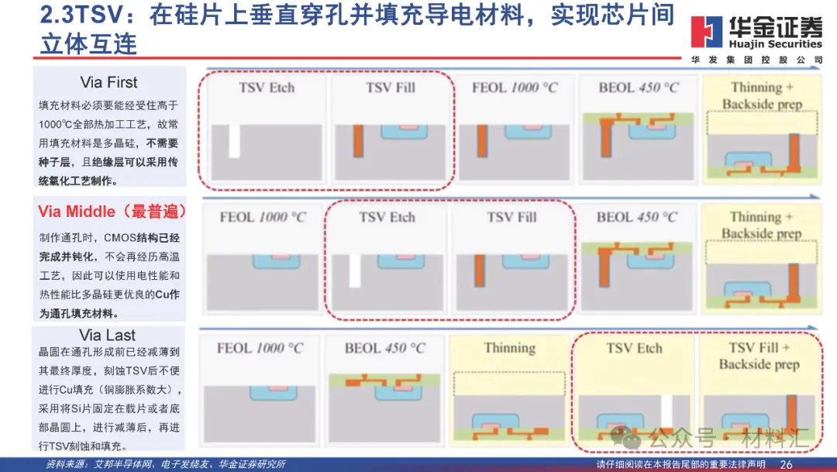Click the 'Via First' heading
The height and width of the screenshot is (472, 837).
click(108, 82)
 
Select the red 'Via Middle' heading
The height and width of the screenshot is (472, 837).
click(108, 212)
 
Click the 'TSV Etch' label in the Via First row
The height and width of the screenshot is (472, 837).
click(267, 88)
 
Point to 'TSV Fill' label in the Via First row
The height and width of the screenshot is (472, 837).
click(391, 88)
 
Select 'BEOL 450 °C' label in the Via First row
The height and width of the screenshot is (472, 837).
click(638, 88)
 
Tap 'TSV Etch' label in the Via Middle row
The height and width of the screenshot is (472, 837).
click(387, 217)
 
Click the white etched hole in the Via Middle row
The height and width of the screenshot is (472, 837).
click(355, 270)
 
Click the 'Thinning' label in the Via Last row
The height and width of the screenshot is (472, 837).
click(509, 348)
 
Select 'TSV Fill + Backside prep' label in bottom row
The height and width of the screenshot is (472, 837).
click(759, 356)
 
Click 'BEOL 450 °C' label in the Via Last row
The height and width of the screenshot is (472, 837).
click(386, 348)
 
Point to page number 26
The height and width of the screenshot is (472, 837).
click(786, 464)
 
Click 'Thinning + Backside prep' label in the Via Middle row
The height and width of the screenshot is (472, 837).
click(761, 225)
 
